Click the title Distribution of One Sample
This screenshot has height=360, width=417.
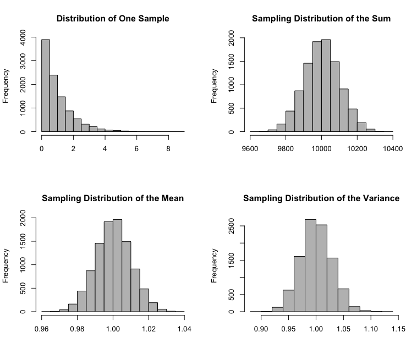pyautogui.click(x=113, y=19)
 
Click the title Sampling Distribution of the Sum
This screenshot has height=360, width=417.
pyautogui.click(x=321, y=19)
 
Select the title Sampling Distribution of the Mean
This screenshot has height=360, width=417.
pyautogui.click(x=113, y=198)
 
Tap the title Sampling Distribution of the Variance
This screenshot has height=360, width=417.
pyautogui.click(x=321, y=198)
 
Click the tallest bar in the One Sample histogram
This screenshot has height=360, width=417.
pyautogui.click(x=46, y=85)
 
